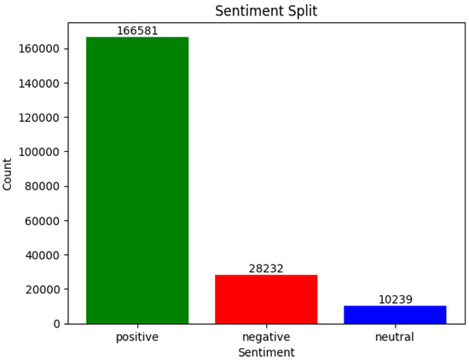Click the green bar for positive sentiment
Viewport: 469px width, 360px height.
(137, 180)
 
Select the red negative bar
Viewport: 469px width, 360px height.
(266, 299)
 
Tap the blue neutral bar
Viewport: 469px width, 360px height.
(395, 314)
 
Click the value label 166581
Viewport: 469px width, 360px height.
(137, 31)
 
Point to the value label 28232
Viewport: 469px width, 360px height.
(266, 269)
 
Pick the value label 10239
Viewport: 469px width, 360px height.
(395, 299)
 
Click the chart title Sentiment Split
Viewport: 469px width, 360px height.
(266, 11)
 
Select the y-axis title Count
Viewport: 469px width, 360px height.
(9, 174)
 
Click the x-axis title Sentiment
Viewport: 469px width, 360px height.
(266, 352)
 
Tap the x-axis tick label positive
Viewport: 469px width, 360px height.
(137, 337)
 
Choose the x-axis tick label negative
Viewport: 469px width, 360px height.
(266, 337)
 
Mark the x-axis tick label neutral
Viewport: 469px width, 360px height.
(395, 337)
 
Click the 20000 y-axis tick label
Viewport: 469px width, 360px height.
(41, 289)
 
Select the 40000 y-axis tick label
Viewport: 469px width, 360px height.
(41, 255)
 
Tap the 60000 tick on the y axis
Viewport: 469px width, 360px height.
(41, 220)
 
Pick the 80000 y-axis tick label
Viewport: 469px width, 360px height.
(41, 186)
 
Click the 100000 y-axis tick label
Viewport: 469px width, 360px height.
(38, 152)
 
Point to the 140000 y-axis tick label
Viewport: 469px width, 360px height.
(38, 83)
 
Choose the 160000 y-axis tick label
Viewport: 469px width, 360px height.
(38, 49)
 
